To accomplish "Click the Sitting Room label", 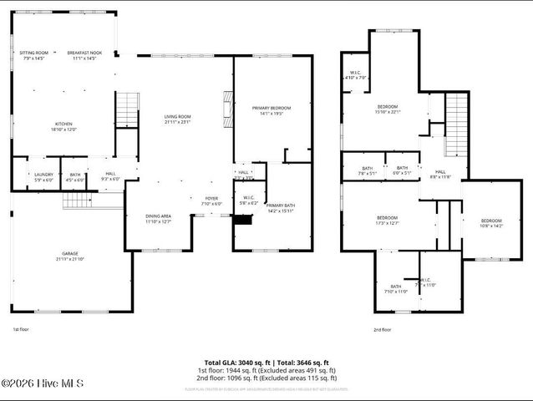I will (34, 55).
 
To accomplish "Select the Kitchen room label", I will (64, 126).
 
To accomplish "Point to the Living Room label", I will (177, 119).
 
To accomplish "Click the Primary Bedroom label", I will (272, 110).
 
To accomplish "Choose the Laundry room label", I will (43, 176).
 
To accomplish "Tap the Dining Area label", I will (159, 218).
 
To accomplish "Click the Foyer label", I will (211, 200).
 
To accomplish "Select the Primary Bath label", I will (280, 207).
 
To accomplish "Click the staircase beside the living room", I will (125, 109).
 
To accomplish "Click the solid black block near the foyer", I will (242, 220).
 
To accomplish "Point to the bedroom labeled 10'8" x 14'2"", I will (490, 223).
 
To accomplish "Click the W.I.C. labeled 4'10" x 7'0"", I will (356, 74).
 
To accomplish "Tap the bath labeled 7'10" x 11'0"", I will (396, 289).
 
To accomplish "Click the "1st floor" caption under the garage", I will (21, 330).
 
